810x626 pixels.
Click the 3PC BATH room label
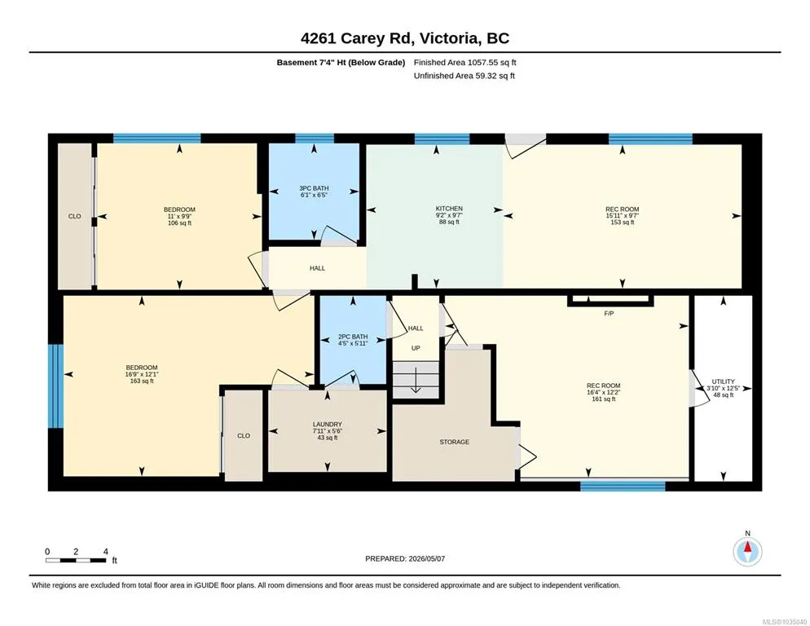(314, 188)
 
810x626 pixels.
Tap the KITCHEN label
(449, 209)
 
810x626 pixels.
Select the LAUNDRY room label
(328, 424)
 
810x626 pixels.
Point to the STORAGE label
(455, 442)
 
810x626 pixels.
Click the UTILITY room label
(724, 381)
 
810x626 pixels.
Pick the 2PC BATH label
(353, 337)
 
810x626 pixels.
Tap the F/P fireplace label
(609, 313)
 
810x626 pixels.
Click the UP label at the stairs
(416, 348)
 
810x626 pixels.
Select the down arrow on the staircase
(416, 380)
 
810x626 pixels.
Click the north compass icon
(747, 552)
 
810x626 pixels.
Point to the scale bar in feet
(76, 560)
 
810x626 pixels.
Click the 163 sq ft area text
(142, 381)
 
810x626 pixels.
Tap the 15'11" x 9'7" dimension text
(623, 215)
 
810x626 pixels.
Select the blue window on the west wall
(55, 386)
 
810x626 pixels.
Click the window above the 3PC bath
(315, 138)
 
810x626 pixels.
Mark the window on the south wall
(623, 486)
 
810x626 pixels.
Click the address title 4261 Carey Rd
(356, 38)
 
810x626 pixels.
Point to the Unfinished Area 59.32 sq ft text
(464, 76)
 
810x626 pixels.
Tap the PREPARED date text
(405, 559)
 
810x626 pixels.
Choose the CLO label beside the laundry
(244, 436)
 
